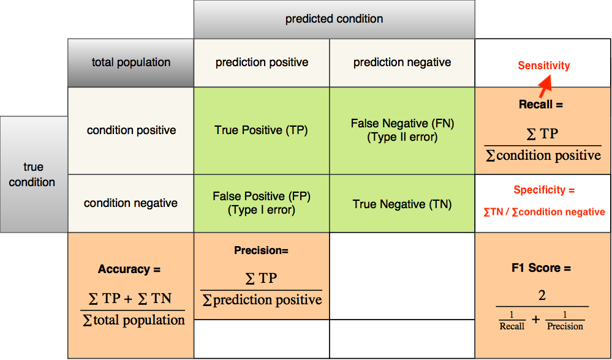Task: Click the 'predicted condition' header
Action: (334, 19)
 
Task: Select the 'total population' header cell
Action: (130, 63)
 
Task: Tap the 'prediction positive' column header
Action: (262, 63)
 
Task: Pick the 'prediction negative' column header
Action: (402, 63)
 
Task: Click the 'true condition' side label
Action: (32, 174)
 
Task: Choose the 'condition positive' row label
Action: (131, 130)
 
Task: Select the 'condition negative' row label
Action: (130, 203)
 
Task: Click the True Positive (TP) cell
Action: (262, 130)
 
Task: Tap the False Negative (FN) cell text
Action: (402, 130)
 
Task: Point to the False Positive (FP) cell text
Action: (262, 203)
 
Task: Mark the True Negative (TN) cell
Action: (402, 204)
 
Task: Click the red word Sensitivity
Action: (544, 66)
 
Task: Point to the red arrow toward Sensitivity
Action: (545, 86)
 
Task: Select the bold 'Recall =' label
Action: (540, 105)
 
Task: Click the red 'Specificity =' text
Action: (544, 190)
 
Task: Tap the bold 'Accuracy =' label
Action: (129, 269)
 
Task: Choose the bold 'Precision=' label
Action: (261, 250)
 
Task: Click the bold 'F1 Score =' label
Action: (542, 268)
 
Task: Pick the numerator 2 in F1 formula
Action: (542, 296)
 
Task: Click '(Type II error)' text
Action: (402, 138)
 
